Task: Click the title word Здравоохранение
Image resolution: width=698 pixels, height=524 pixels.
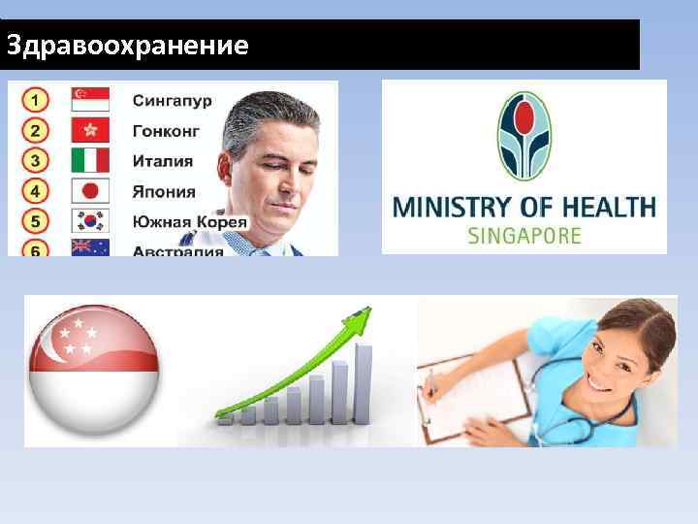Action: click(x=126, y=46)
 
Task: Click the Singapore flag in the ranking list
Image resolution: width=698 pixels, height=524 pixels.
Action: click(x=90, y=99)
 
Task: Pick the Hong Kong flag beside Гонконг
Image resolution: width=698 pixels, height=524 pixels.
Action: click(x=90, y=130)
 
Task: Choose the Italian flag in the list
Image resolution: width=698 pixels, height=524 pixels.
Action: click(x=90, y=160)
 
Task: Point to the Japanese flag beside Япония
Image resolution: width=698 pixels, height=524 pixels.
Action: click(x=90, y=190)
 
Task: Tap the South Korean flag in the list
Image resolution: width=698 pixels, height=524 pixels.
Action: click(x=90, y=220)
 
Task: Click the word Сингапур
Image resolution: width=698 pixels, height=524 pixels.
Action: click(x=172, y=100)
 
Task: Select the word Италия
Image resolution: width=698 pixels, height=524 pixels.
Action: click(x=162, y=161)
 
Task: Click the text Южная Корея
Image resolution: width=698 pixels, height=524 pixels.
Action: click(x=189, y=221)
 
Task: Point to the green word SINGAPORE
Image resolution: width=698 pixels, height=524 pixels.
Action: click(x=524, y=235)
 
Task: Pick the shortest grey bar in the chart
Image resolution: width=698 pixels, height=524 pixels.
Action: click(x=226, y=418)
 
